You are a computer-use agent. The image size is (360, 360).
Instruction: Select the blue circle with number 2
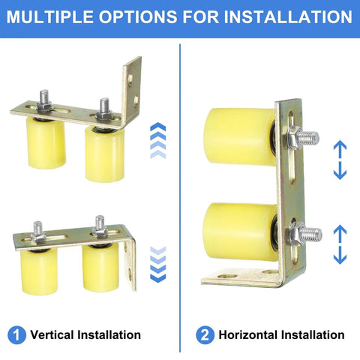[203, 334]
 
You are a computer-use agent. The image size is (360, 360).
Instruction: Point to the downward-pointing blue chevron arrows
[157, 264]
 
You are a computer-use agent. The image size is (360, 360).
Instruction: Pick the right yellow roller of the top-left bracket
[103, 153]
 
